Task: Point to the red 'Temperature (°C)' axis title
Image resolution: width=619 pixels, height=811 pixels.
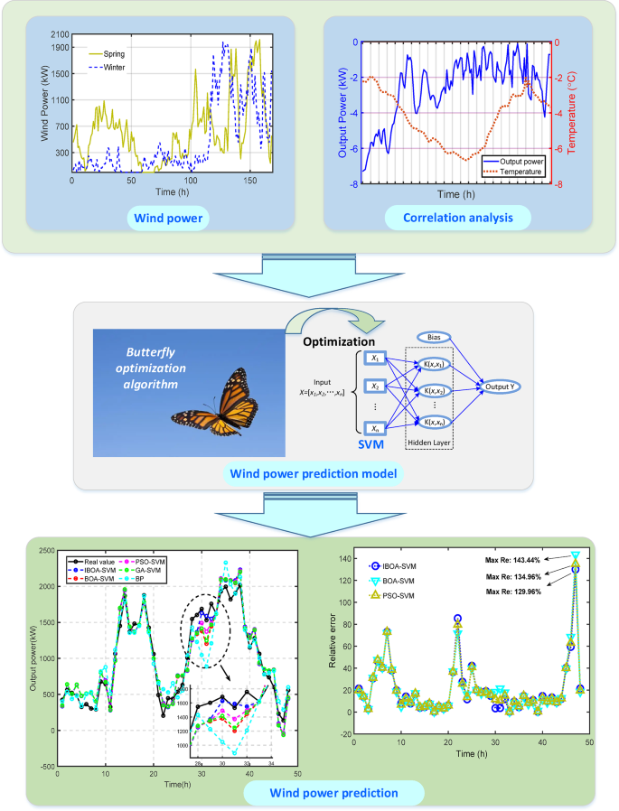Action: (571, 109)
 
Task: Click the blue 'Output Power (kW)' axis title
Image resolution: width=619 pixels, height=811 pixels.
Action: (343, 112)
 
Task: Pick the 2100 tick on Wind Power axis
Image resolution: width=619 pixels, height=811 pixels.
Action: (60, 35)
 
